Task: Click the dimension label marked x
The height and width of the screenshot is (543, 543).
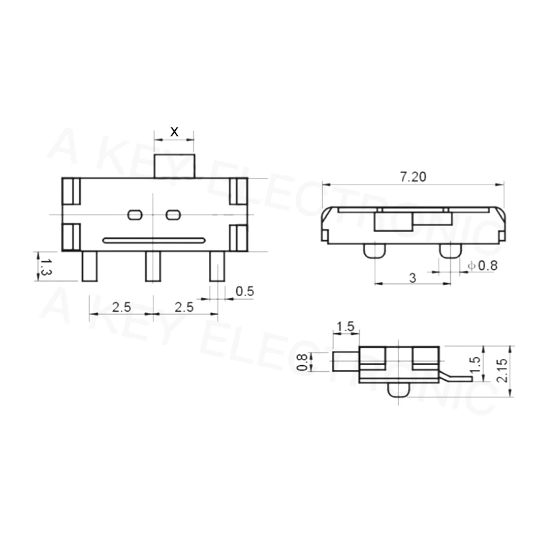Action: pyautogui.click(x=174, y=131)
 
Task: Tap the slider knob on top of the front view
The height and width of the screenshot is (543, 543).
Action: pyautogui.click(x=174, y=166)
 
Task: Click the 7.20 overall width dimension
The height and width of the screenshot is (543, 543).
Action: pyautogui.click(x=413, y=177)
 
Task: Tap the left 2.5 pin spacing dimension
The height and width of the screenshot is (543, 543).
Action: pyautogui.click(x=121, y=307)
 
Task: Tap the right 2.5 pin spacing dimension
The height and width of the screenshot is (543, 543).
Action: pyautogui.click(x=184, y=307)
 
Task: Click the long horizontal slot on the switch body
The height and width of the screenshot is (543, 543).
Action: pyautogui.click(x=153, y=239)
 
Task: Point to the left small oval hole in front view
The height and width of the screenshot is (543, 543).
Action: pyautogui.click(x=134, y=215)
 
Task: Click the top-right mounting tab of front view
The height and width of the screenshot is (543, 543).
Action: pyautogui.click(x=238, y=191)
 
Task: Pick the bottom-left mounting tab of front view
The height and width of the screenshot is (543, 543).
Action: pyautogui.click(x=71, y=237)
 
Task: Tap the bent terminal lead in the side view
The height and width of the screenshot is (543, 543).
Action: pyautogui.click(x=455, y=374)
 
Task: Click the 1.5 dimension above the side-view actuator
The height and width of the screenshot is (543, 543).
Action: pyautogui.click(x=345, y=326)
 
